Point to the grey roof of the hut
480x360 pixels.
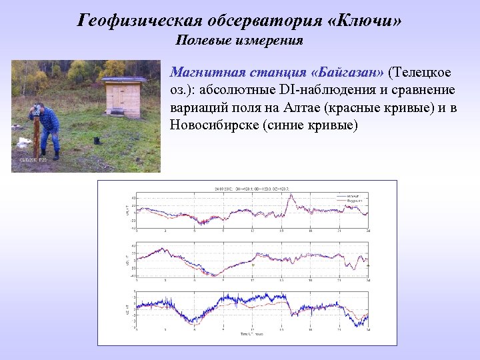point(123,81)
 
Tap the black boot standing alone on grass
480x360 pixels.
point(97,141)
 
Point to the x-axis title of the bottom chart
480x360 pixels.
point(251,333)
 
